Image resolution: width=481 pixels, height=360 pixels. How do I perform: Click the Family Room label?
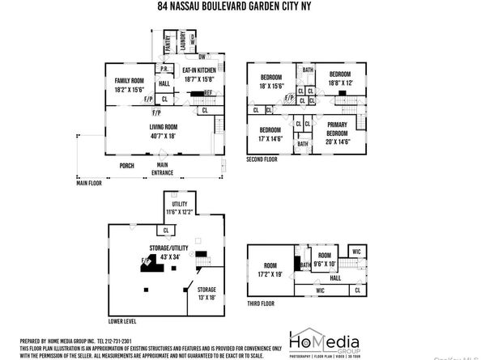(x=130, y=81)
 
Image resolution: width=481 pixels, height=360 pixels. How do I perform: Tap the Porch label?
(x=127, y=166)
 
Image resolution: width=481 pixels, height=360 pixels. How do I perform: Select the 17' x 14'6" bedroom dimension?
(x=270, y=138)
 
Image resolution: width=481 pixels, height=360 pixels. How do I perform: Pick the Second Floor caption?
(x=262, y=160)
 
